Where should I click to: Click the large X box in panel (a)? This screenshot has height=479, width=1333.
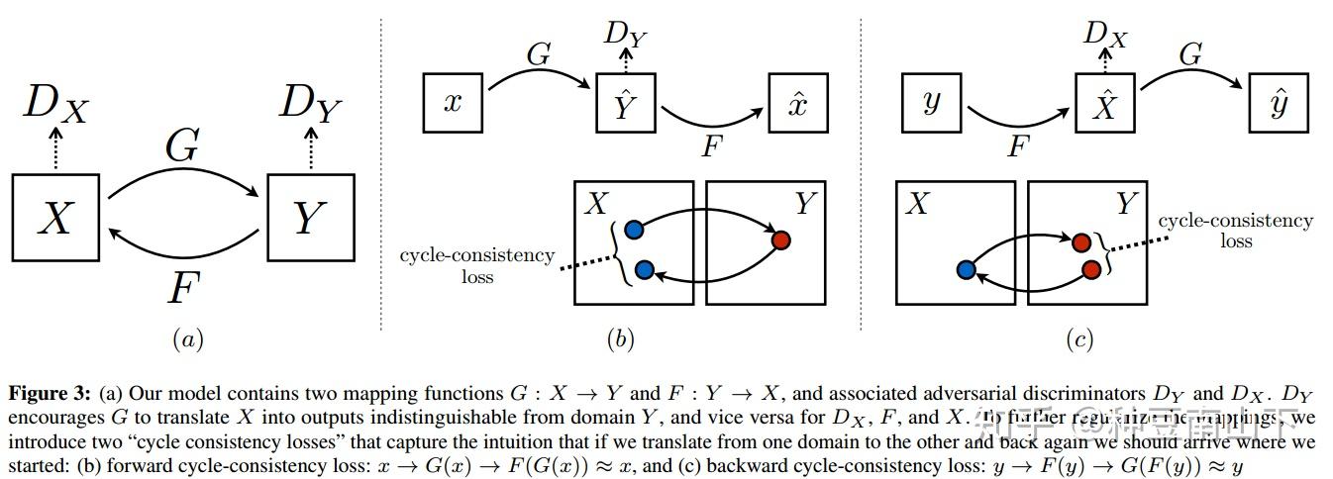55,217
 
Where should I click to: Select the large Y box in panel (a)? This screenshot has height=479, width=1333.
310,217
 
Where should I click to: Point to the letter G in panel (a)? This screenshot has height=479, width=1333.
182,147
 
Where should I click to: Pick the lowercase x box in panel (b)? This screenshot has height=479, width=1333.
454,103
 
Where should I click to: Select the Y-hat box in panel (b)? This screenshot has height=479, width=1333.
626,103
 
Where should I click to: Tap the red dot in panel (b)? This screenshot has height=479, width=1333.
780,239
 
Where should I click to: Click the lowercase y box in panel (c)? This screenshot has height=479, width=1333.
930,103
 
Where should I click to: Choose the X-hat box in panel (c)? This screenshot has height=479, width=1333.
1104,103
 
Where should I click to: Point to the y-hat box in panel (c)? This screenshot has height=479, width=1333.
1278,103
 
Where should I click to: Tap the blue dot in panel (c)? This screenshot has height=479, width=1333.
967,270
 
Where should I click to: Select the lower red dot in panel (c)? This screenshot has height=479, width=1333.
1092,269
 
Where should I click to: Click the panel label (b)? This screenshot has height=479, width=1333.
620,340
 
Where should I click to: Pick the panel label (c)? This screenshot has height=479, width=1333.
1078,340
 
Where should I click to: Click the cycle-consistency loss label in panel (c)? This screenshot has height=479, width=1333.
1235,231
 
